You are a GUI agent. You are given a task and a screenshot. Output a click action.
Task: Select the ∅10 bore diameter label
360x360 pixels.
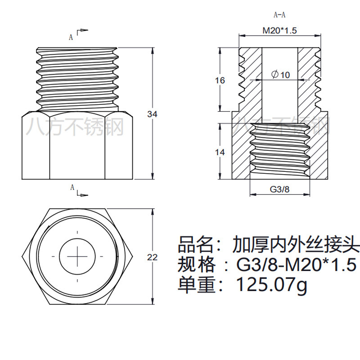[281, 75]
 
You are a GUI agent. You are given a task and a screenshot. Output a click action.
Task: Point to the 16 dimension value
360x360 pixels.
[220, 81]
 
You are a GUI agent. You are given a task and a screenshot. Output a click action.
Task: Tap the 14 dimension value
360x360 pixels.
[220, 153]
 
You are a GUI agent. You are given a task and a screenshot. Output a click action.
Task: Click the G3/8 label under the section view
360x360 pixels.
[279, 189]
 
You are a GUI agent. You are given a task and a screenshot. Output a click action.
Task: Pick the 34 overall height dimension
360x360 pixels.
[152, 114]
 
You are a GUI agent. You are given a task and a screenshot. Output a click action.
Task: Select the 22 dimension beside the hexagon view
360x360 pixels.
[153, 257]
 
